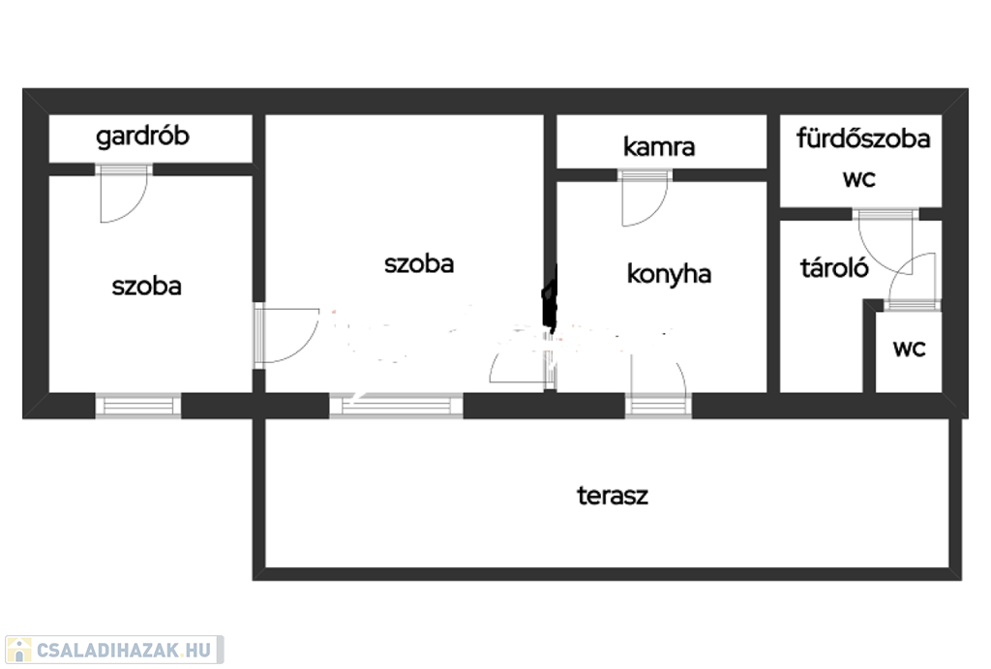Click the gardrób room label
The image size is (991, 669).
tap(142, 137)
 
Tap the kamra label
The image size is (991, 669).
tap(658, 147)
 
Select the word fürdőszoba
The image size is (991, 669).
tap(862, 137)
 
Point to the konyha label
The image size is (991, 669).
tap(669, 274)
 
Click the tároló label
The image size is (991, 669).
tap(834, 268)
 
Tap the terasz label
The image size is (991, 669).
tap(613, 496)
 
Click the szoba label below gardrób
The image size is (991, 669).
tap(147, 287)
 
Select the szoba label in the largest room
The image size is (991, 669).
tap(419, 263)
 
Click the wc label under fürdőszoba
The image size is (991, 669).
tap(859, 179)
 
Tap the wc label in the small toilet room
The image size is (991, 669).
tap(910, 348)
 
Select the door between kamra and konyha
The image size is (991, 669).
tap(645, 198)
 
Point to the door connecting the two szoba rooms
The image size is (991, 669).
tap(286, 335)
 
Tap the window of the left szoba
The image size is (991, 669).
tap(138, 406)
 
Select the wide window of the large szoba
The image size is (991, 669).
tap(396, 405)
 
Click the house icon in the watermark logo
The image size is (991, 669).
tap(18, 650)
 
